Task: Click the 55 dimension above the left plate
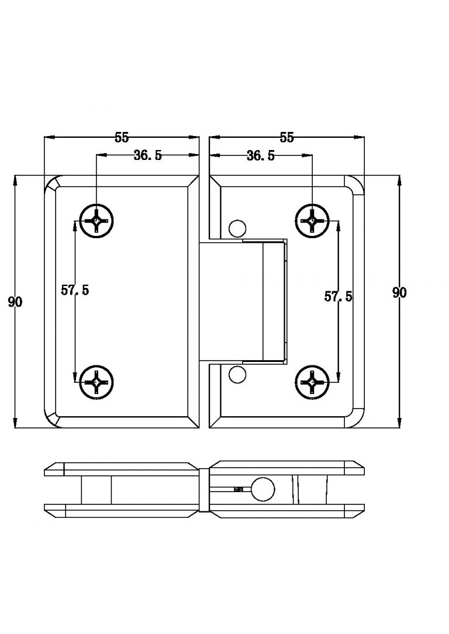[x=122, y=138]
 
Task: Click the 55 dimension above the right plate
[x=286, y=138]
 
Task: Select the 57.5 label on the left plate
[x=75, y=290]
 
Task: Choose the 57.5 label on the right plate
[x=339, y=297]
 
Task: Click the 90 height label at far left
[x=15, y=302]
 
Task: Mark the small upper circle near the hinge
[x=237, y=227]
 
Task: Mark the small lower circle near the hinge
[x=237, y=374]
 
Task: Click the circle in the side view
[x=263, y=489]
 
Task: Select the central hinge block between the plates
[x=243, y=301]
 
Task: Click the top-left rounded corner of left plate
[x=53, y=182]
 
